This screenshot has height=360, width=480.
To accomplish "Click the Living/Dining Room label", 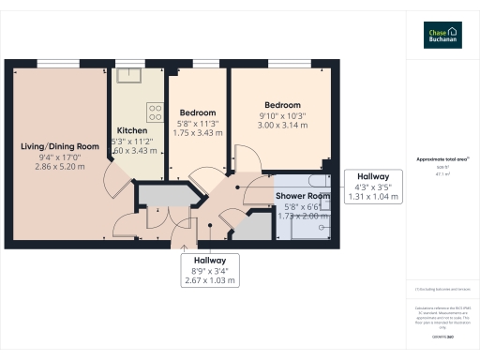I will pos(60,145).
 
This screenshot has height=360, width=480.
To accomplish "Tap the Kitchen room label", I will pos(131,130).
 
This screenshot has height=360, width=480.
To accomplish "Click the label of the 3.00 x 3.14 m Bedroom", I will pos(282,105).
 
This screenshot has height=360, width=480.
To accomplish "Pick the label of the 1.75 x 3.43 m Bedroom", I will pos(198,112).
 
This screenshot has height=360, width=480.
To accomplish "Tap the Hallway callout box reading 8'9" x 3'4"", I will pos(210,270).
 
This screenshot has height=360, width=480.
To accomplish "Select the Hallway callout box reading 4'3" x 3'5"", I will pos(373,186).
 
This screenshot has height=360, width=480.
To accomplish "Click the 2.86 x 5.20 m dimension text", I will pos(60,168).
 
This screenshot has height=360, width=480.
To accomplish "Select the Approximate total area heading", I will pos(441,159).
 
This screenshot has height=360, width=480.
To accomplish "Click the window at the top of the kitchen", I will pos(131,63).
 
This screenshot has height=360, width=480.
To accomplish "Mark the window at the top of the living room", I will pos(59,63).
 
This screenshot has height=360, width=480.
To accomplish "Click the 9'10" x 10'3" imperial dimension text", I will pos(282,115).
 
